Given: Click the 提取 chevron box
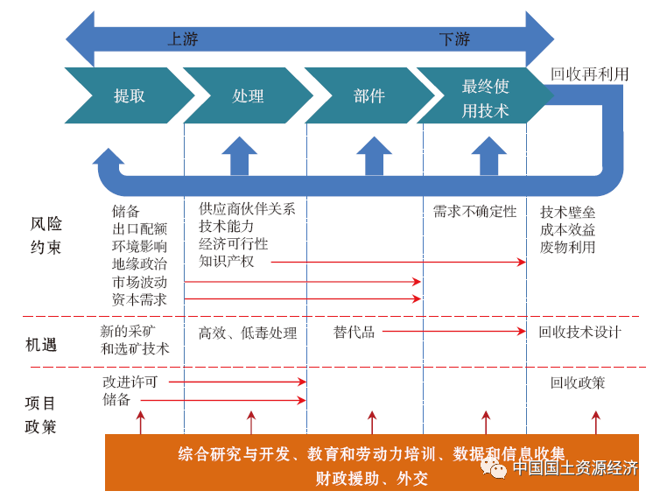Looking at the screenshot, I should coord(129,96).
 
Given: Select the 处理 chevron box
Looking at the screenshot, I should coord(248,96).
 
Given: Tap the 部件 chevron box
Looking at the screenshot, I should coord(369,96).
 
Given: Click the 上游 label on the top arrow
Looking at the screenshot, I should coord(183,39).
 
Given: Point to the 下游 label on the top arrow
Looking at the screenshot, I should coord(454,39).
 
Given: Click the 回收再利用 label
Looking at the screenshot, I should coord(589,74).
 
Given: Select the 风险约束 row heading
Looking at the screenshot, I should coord(46,235).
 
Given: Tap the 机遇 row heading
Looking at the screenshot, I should coord(40,344).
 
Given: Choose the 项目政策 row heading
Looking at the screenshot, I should coord(40,415).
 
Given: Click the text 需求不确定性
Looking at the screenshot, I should coord(474,212).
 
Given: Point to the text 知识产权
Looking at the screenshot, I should coord(226,261).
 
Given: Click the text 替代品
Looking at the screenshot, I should coord(354,332).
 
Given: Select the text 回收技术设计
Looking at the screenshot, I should coord(579,332).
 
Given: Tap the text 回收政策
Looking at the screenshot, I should coord(578,382).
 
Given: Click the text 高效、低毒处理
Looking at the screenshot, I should coord(248,333).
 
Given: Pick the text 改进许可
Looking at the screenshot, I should coord(130,382).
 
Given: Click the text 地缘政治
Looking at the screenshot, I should coord(139,263).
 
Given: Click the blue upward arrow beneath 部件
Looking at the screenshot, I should coord(374,157).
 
